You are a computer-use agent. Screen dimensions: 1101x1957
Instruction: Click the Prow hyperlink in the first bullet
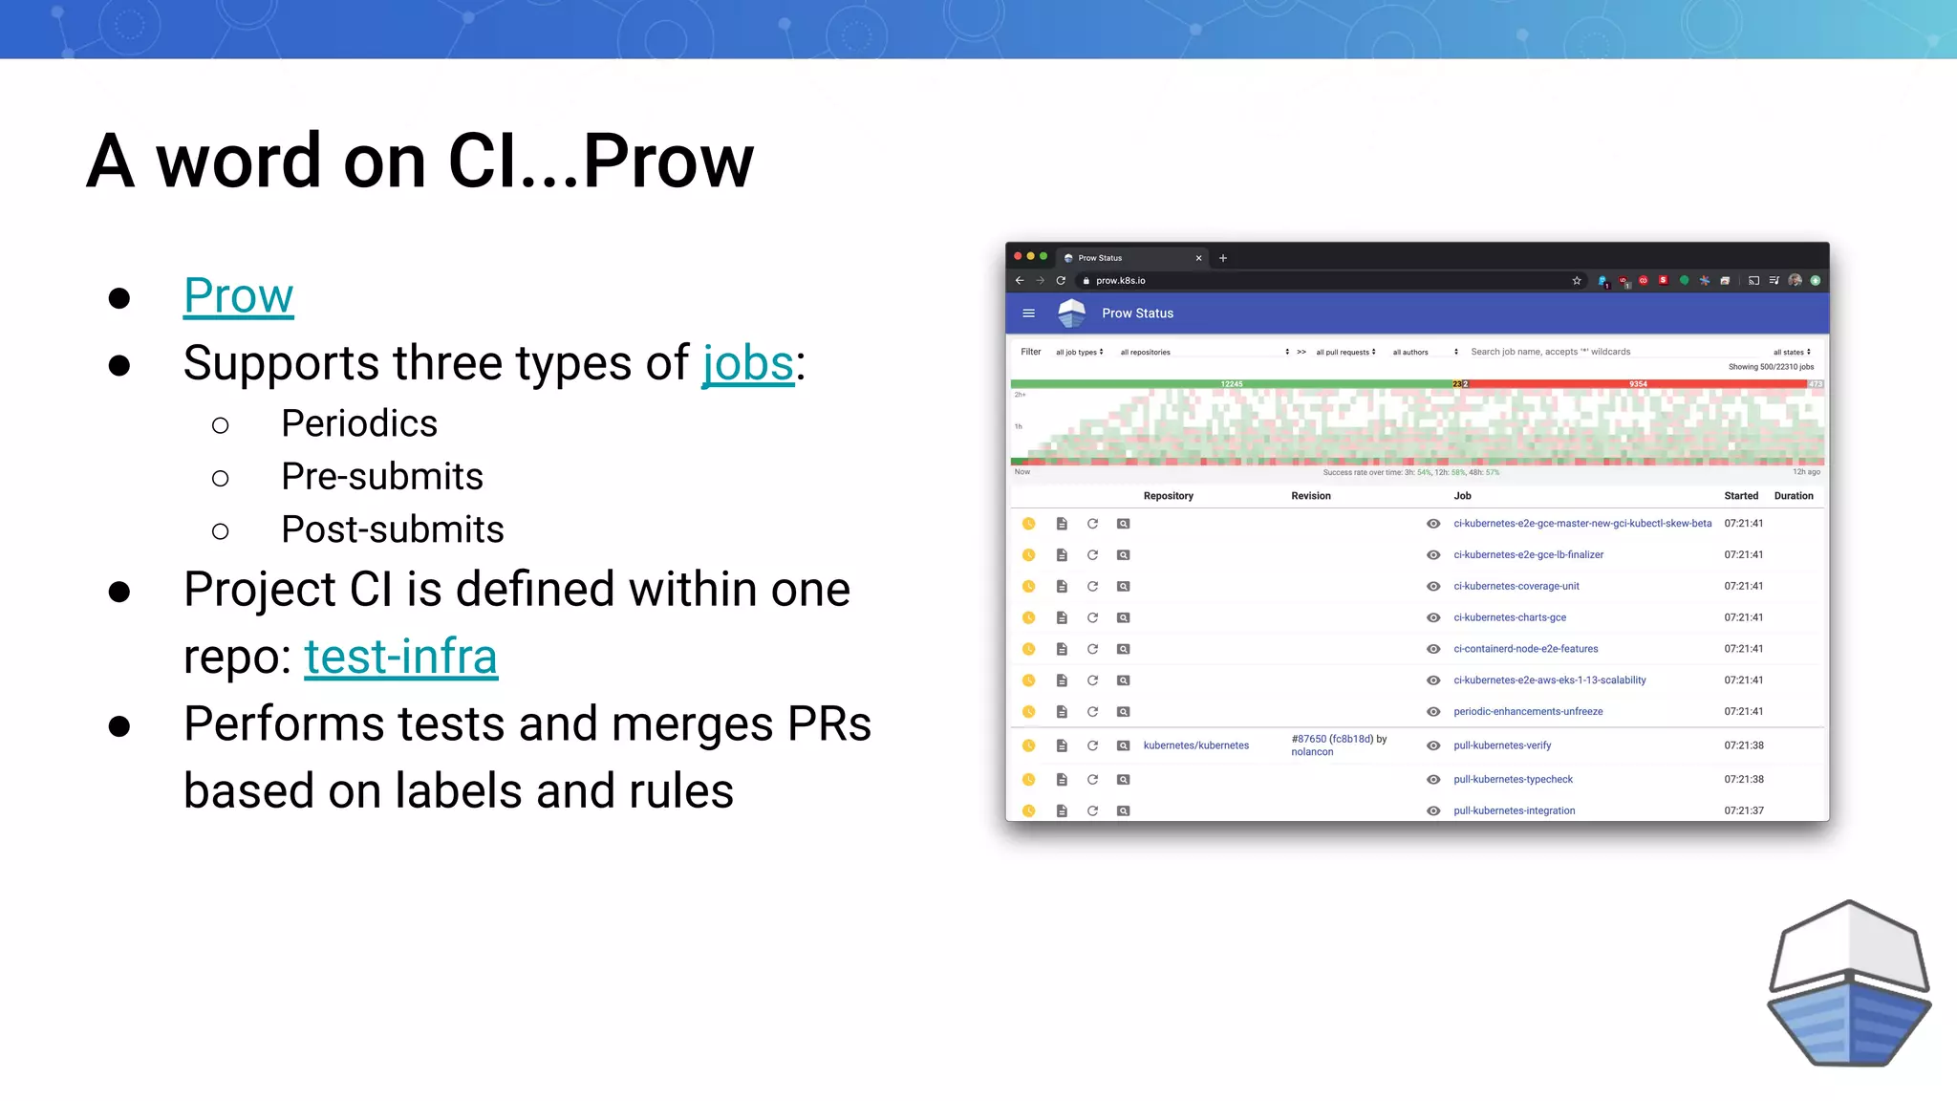pos(238,295)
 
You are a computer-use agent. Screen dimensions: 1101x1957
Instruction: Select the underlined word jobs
pos(748,363)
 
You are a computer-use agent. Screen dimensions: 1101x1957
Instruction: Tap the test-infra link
pos(400,657)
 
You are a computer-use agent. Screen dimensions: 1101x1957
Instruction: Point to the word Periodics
pos(359,423)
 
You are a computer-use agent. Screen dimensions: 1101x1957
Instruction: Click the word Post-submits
pos(392,529)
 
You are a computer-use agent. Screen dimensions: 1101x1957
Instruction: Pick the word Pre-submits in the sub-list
pos(382,476)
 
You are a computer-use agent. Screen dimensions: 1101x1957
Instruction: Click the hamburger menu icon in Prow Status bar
pos(1028,313)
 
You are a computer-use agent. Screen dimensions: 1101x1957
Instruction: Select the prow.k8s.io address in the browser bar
pos(1120,281)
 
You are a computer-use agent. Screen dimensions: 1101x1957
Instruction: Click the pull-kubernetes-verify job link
pos(1502,745)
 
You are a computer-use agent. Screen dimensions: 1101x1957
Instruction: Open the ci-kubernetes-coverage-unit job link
pos(1516,586)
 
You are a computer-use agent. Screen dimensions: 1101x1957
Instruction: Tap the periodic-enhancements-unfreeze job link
pos(1528,712)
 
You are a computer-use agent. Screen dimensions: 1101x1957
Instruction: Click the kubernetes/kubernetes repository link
pos(1195,745)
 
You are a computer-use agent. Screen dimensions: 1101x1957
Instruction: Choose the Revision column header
pos(1310,496)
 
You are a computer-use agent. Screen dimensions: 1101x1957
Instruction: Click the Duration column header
pos(1793,496)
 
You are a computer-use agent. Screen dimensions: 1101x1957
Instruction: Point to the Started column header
pos(1740,496)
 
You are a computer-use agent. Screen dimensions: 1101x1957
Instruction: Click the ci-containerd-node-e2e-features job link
pos(1525,649)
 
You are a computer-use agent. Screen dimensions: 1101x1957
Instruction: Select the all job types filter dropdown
pos(1079,353)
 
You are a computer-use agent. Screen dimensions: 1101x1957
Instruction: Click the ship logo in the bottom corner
pos(1848,983)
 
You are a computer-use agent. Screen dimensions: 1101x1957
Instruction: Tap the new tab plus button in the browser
pos(1222,258)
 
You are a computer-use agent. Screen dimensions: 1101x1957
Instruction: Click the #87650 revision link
pos(1308,739)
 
